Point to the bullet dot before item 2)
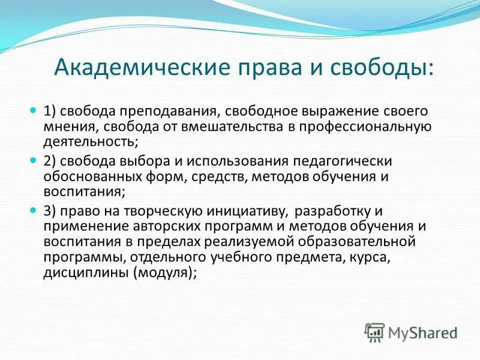click(34, 161)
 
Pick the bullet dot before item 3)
click(34, 211)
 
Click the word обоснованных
click(82, 176)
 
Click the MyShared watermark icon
click(375, 332)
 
